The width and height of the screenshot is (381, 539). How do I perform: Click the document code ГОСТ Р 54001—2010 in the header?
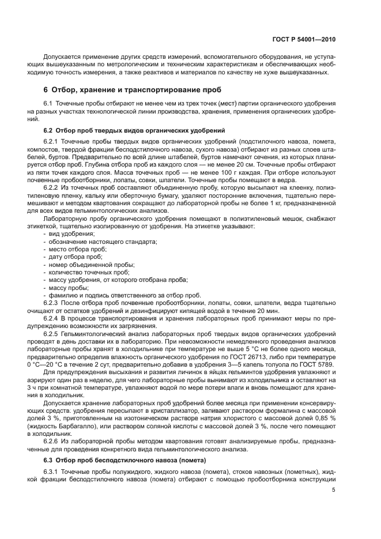(x=303, y=40)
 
